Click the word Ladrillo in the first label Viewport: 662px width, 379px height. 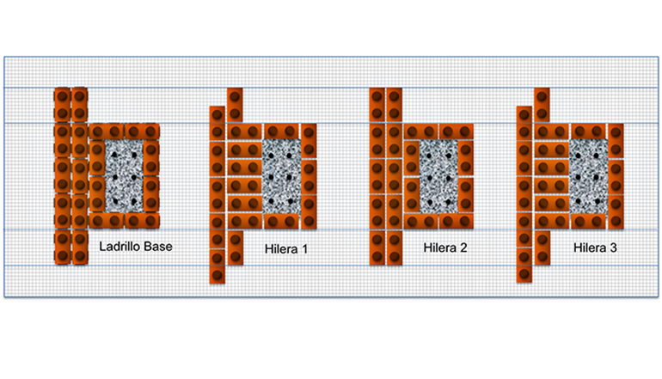point(120,247)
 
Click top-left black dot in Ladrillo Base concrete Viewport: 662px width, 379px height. point(114,155)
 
